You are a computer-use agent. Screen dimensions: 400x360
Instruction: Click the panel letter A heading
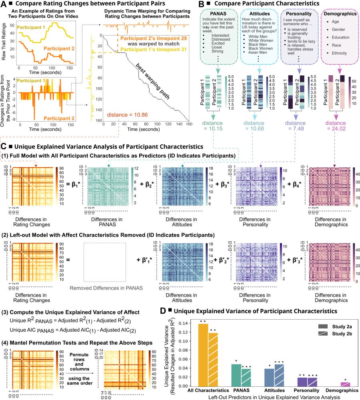coord(4,4)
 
